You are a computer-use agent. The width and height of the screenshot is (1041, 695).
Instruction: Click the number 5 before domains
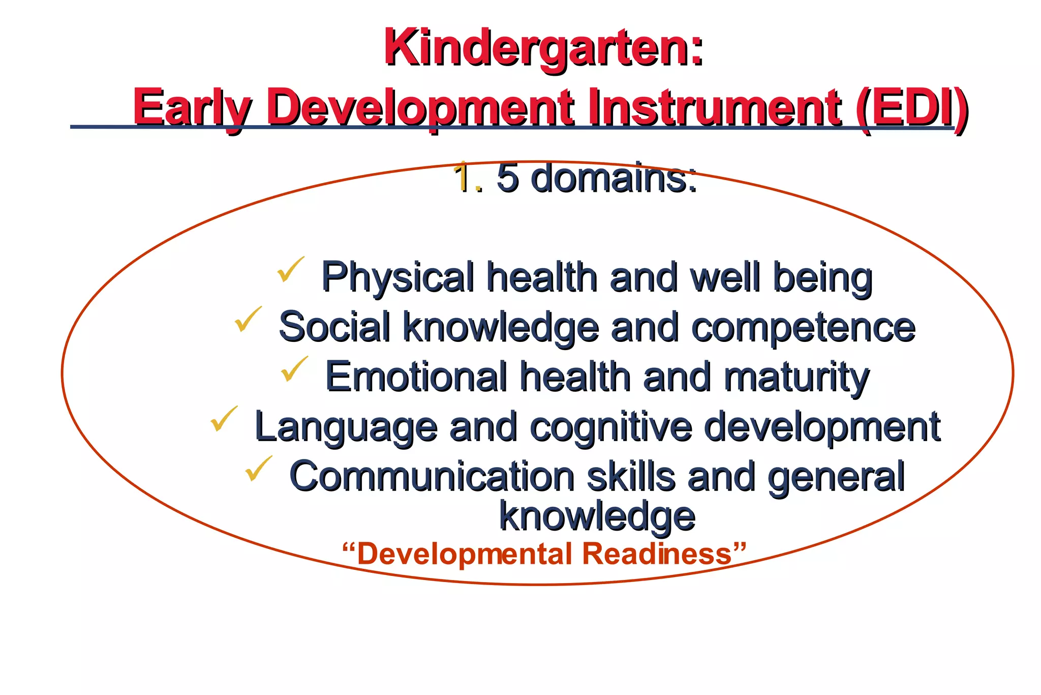(x=507, y=178)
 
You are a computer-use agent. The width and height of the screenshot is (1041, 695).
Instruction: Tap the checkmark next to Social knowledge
(x=248, y=320)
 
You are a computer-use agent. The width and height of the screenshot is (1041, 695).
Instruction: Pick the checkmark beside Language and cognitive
(x=224, y=419)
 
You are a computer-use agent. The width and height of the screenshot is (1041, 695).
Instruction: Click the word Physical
(x=397, y=278)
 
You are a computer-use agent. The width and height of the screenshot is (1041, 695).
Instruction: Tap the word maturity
(x=797, y=378)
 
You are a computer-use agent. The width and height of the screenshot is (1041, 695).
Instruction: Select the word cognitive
(x=610, y=427)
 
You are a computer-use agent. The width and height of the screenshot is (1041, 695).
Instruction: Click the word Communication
(x=432, y=476)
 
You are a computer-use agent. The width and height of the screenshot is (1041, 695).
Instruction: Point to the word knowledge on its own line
(x=597, y=516)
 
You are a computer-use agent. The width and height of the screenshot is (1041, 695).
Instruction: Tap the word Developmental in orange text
(x=463, y=555)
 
